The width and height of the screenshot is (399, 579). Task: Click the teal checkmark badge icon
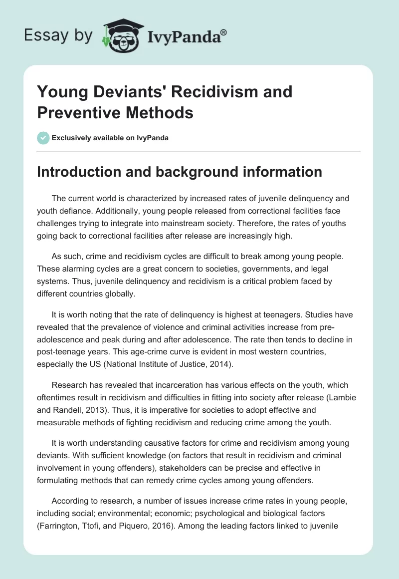43,138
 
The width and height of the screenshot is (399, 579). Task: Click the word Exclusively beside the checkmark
72,138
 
